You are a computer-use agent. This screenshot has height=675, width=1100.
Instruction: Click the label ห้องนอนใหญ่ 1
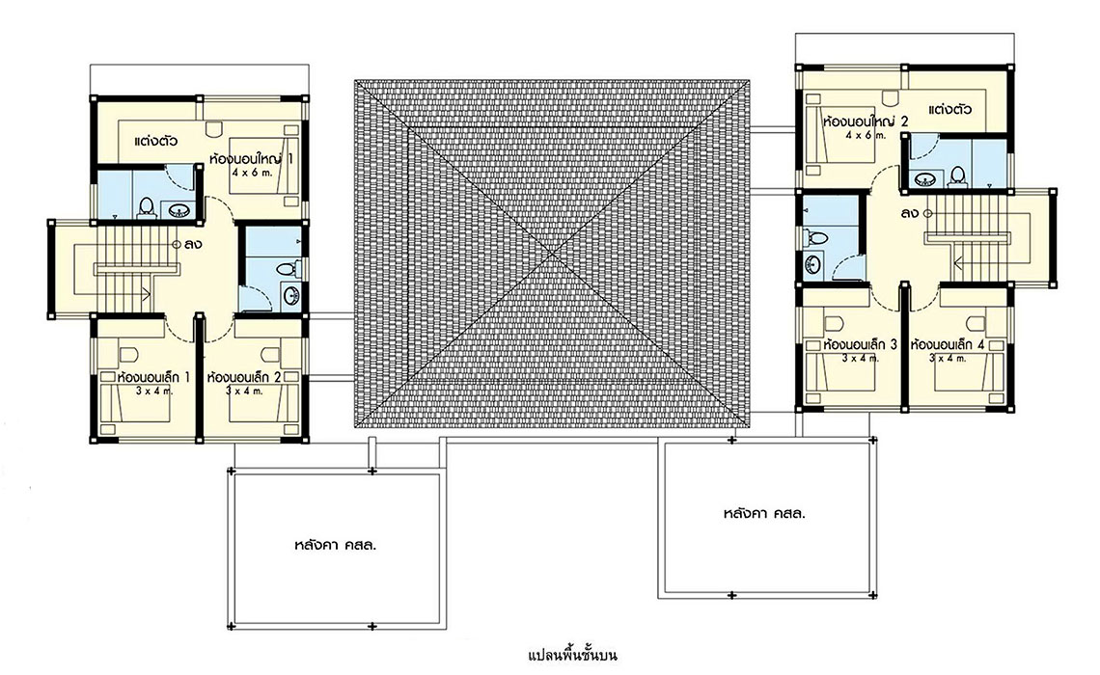[x=251, y=159]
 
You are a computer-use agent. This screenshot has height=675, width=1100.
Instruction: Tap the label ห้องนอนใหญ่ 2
[x=866, y=121]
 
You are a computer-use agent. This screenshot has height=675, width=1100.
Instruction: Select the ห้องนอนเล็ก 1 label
[x=153, y=377]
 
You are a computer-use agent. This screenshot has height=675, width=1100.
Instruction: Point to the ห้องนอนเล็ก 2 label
[x=244, y=377]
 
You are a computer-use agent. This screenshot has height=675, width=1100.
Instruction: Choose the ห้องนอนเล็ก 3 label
[x=861, y=345]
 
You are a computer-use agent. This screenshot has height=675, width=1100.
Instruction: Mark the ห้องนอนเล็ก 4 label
[x=948, y=345]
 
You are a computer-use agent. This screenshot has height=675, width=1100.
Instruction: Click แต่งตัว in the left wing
[x=155, y=140]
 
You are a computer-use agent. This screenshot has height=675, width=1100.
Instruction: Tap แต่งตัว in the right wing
[x=949, y=109]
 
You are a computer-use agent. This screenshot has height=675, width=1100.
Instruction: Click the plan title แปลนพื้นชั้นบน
[x=572, y=656]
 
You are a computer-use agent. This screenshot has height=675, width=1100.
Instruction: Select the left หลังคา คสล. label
[x=336, y=545]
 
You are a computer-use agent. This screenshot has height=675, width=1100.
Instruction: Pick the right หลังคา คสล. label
[x=764, y=513]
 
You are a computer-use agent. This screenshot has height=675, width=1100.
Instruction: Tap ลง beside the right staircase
[x=909, y=213]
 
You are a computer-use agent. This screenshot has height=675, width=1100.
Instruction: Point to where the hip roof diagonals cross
[x=551, y=254]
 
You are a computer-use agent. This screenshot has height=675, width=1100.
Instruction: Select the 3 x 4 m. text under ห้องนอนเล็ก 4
[x=948, y=358]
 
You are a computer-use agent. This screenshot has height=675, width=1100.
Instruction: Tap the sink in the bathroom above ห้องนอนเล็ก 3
[x=812, y=264]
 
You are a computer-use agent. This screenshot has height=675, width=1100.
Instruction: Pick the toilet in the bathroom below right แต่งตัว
[x=957, y=175]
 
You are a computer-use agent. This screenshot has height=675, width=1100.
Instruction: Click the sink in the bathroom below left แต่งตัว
[x=179, y=209]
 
